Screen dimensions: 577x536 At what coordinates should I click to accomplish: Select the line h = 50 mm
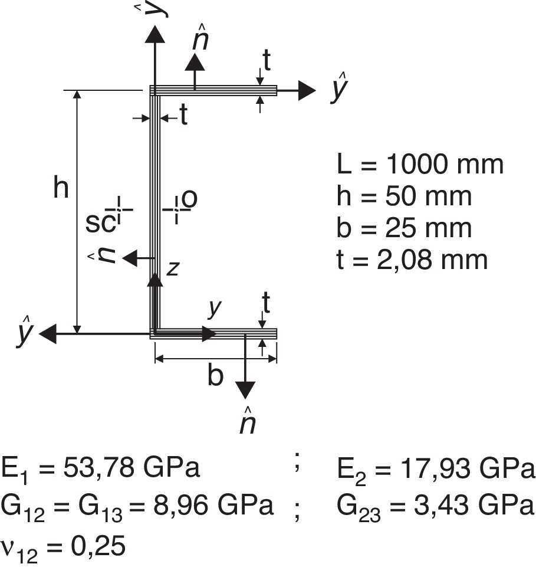pos(404,196)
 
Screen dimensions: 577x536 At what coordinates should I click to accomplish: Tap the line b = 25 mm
pos(404,228)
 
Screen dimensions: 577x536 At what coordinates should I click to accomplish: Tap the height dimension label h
pos(61,189)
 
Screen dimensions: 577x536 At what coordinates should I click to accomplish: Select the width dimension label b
pos(215,376)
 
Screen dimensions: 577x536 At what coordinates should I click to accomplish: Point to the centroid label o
pos(189,201)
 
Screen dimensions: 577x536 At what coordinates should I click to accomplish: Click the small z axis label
pos(172,269)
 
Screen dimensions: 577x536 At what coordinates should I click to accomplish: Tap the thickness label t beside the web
pos(183,116)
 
